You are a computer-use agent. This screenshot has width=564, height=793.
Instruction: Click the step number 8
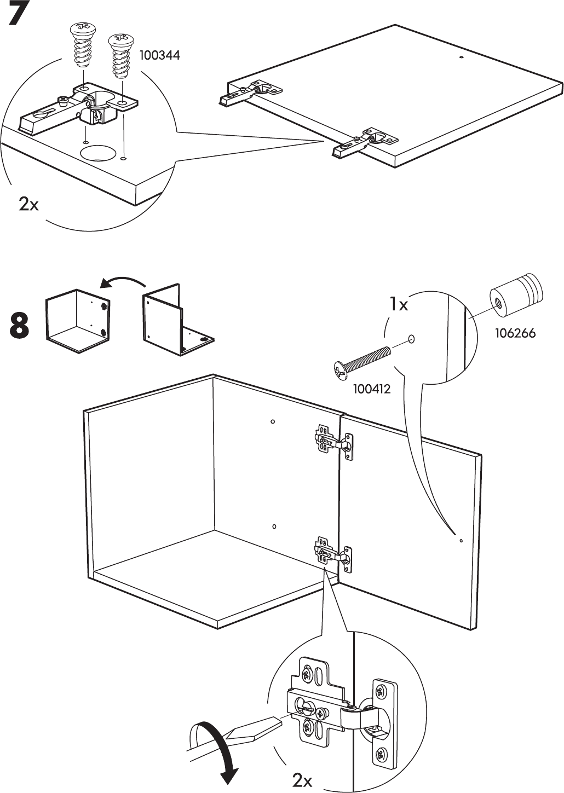[20, 325]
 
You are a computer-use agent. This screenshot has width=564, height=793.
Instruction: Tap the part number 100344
[160, 56]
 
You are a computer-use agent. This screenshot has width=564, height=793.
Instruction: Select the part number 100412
[372, 389]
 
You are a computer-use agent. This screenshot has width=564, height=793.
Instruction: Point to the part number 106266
[515, 333]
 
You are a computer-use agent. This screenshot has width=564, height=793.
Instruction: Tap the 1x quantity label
[399, 304]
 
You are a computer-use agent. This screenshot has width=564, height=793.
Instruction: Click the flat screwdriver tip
[278, 719]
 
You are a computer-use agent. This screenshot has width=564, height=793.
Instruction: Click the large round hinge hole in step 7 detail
[98, 152]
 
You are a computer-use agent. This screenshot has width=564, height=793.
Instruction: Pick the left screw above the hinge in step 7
[83, 45]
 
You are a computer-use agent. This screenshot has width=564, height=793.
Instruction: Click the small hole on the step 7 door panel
[461, 57]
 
